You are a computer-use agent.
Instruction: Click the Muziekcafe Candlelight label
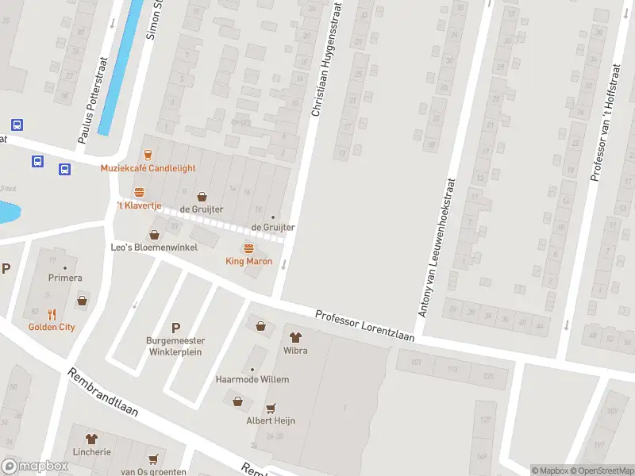[147, 168]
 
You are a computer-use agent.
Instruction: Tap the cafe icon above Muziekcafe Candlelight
[147, 153]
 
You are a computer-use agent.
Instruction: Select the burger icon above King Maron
[248, 248]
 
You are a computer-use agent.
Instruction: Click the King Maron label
[248, 262]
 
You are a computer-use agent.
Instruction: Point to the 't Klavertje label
[139, 205]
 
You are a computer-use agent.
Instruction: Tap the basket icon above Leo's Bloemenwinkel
[154, 234]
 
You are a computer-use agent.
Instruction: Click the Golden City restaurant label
[52, 327]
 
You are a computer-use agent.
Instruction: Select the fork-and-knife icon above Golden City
[52, 313]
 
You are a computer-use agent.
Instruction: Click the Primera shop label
[65, 278]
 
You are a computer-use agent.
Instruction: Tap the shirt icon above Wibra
[295, 337]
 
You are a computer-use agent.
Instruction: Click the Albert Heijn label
[271, 420]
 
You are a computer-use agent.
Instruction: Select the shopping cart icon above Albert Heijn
[271, 407]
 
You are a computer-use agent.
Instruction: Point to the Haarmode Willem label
[252, 379]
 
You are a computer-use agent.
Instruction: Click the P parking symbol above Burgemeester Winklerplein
[175, 327]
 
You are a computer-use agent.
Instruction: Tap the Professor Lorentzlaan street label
[365, 326]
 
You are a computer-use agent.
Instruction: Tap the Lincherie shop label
[91, 451]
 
